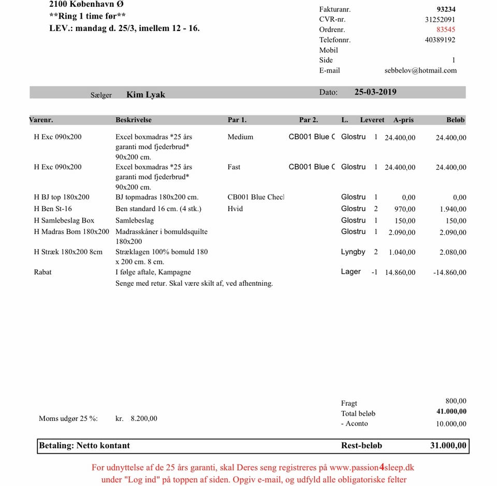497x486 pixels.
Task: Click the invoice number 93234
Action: (x=446, y=9)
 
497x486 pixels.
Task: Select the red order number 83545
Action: (x=446, y=30)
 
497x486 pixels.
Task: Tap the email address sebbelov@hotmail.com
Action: (x=420, y=70)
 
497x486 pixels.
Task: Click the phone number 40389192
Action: (x=440, y=40)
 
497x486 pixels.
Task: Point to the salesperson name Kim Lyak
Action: (x=146, y=95)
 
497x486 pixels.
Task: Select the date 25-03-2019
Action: (x=375, y=92)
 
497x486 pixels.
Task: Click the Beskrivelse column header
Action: (x=134, y=120)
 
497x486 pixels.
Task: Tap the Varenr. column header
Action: (x=41, y=120)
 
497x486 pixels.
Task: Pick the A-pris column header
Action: (x=403, y=120)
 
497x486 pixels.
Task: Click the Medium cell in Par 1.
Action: (x=240, y=137)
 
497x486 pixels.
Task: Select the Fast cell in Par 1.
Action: (x=233, y=167)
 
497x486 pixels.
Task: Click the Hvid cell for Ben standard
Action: (x=235, y=209)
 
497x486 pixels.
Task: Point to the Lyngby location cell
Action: (x=353, y=252)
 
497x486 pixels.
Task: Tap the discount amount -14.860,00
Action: (x=449, y=273)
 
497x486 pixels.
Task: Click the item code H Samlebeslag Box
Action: (x=64, y=220)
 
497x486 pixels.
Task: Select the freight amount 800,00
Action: (x=456, y=401)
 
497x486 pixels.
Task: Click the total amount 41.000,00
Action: (x=448, y=411)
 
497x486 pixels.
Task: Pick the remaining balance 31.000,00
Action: (x=448, y=446)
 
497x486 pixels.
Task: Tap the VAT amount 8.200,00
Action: (x=144, y=419)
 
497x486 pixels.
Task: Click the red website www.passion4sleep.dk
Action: (x=368, y=467)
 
